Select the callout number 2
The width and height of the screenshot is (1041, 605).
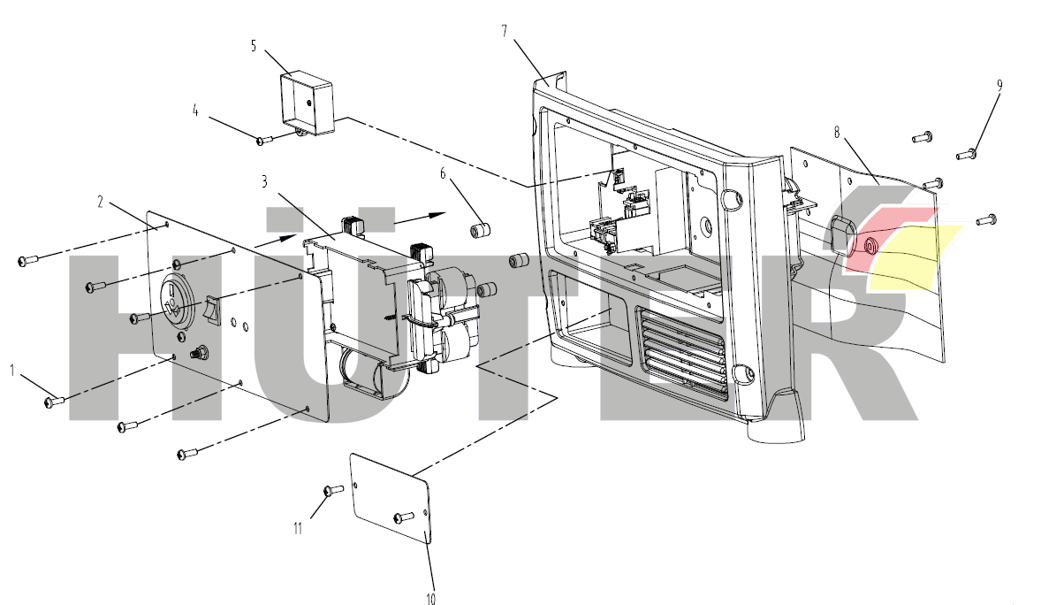[x=101, y=202]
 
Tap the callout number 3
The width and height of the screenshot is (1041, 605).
[x=264, y=182]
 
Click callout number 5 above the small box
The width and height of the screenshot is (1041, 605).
[x=254, y=46]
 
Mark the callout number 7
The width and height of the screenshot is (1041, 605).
[x=504, y=31]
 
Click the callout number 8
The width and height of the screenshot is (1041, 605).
[x=836, y=133]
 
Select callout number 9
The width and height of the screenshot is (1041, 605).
[x=999, y=86]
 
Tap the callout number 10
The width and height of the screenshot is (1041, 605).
[x=430, y=599]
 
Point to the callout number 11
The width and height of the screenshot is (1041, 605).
[x=298, y=528]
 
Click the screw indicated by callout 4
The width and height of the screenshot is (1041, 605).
[x=262, y=139]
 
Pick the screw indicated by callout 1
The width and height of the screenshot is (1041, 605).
[x=52, y=402]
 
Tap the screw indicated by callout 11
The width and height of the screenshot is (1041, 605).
[x=333, y=489]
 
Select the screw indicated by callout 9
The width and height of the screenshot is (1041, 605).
[x=965, y=155]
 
